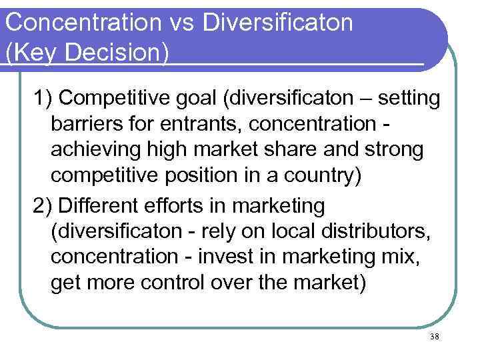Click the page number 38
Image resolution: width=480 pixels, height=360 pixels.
[435, 337]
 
